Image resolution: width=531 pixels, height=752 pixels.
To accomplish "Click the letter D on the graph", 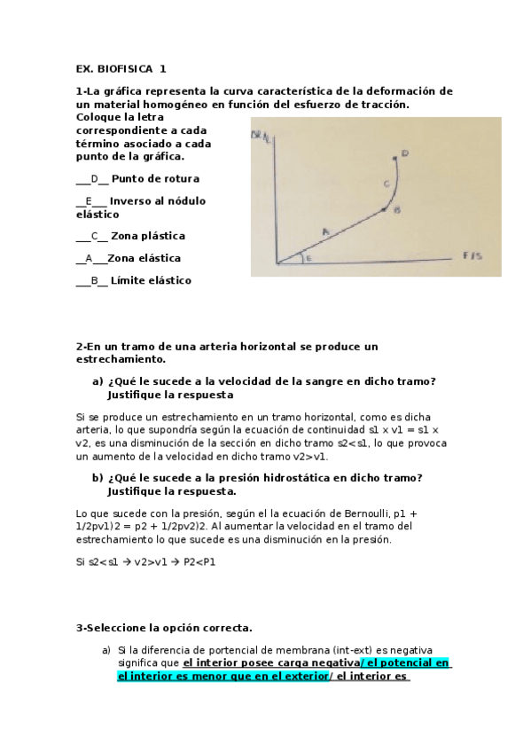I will (404, 153).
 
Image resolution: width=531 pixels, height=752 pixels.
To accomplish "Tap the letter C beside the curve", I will (386, 184).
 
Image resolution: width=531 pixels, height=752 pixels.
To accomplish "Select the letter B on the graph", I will (397, 210).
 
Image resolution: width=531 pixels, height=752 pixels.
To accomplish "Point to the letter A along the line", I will (325, 231).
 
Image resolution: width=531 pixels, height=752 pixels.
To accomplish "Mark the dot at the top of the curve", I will (395, 157).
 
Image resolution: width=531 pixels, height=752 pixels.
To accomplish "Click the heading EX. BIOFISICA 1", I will (121, 68).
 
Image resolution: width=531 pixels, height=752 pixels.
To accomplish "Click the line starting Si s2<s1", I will (146, 562).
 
